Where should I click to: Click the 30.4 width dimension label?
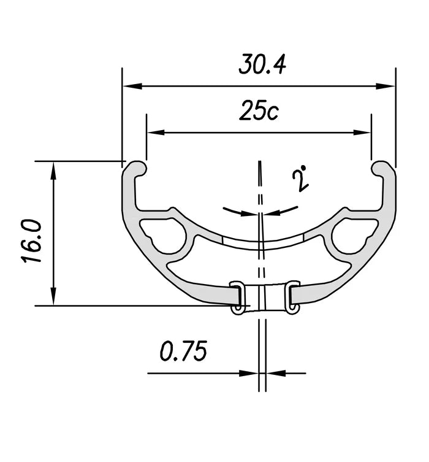pyautogui.click(x=262, y=64)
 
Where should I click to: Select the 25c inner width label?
pyautogui.click(x=259, y=110)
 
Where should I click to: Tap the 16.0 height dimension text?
pyautogui.click(x=31, y=242)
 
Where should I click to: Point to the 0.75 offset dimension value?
pyautogui.click(x=184, y=350)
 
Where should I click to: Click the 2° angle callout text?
pyautogui.click(x=300, y=180)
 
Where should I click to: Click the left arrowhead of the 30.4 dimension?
pyautogui.click(x=132, y=86)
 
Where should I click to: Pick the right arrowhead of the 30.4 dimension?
pyautogui.click(x=385, y=86)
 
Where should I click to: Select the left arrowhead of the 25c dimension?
pyautogui.click(x=155, y=133)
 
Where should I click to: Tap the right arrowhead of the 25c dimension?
pyautogui.click(x=362, y=133)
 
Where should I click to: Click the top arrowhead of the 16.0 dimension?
pyautogui.click(x=53, y=171)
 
